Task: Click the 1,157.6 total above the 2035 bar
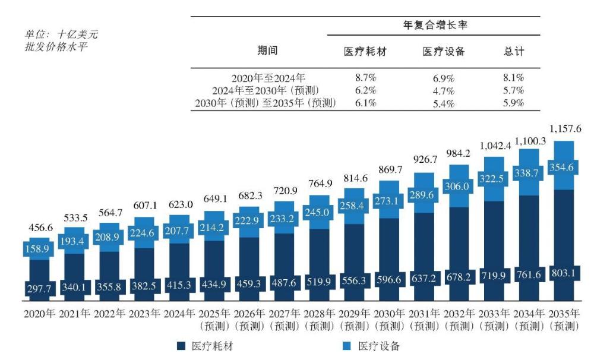[567, 128]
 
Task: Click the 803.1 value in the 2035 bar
[566, 276]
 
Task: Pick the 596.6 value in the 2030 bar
[391, 280]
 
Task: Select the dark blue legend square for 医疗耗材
[181, 346]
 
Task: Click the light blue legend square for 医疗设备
[347, 346]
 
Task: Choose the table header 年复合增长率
[433, 25]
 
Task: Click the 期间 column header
[267, 51]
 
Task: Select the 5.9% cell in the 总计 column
[513, 103]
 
